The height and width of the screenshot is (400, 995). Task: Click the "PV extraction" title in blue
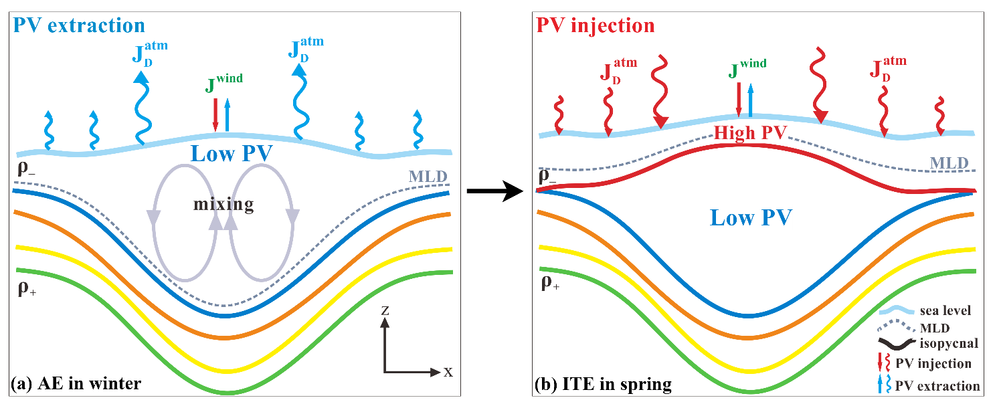pyautogui.click(x=78, y=25)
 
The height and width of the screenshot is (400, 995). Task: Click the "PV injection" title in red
pyautogui.click(x=596, y=25)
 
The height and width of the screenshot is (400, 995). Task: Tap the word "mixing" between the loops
pyautogui.click(x=225, y=204)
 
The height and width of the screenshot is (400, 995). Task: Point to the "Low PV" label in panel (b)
pyautogui.click(x=751, y=217)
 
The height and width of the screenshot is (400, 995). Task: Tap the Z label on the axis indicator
pyautogui.click(x=384, y=311)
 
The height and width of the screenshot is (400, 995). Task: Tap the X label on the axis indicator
pyautogui.click(x=448, y=372)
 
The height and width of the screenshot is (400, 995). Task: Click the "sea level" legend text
pyautogui.click(x=945, y=310)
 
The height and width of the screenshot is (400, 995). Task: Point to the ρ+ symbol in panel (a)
pyautogui.click(x=27, y=289)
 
